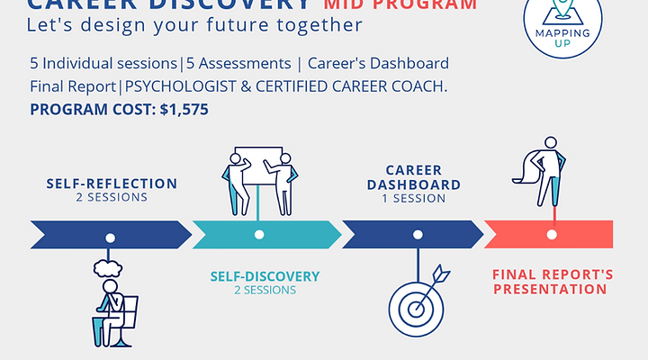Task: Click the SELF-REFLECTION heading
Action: coord(112,184)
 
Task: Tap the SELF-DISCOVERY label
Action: coord(265,276)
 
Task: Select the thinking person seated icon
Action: coord(112,301)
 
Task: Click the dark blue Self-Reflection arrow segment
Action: coord(108,234)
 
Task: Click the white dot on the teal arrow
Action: coord(259,234)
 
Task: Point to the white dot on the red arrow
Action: coord(553,234)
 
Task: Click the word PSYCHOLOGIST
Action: coord(175,87)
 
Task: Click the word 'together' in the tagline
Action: coord(319,25)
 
